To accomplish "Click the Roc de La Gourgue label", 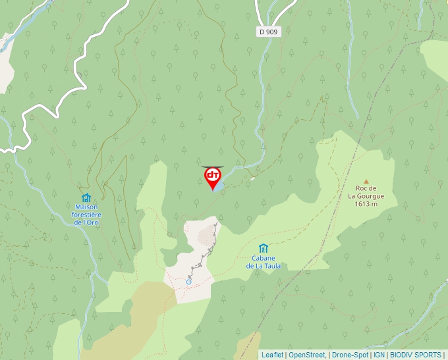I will (x=366, y=195).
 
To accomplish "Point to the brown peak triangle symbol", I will (x=366, y=181).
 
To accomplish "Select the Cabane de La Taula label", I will (x=264, y=262).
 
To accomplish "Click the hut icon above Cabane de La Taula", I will (x=264, y=248).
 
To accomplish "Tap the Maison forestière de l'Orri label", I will (x=86, y=215).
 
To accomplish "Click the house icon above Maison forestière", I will (x=86, y=197).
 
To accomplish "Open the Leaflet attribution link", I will (x=272, y=355).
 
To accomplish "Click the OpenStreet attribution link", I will (x=306, y=355).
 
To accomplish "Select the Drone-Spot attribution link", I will (x=350, y=355).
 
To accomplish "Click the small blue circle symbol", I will (x=188, y=282).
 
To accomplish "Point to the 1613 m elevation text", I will (x=366, y=204).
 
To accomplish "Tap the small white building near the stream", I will (x=252, y=177).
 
